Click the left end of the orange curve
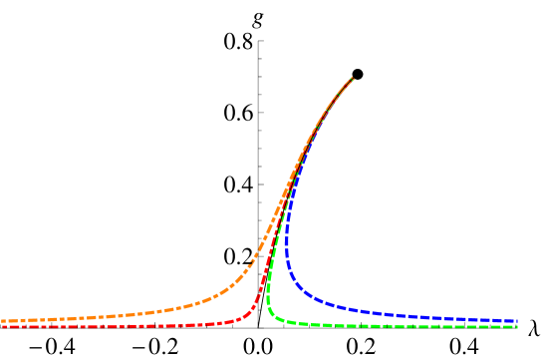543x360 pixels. [x=3, y=321]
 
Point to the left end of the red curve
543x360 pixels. [x=3, y=326]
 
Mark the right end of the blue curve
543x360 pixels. [x=516, y=321]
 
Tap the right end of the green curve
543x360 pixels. [x=516, y=326]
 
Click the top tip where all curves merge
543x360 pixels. [x=353, y=78]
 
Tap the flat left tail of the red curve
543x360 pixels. [x=80, y=326]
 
